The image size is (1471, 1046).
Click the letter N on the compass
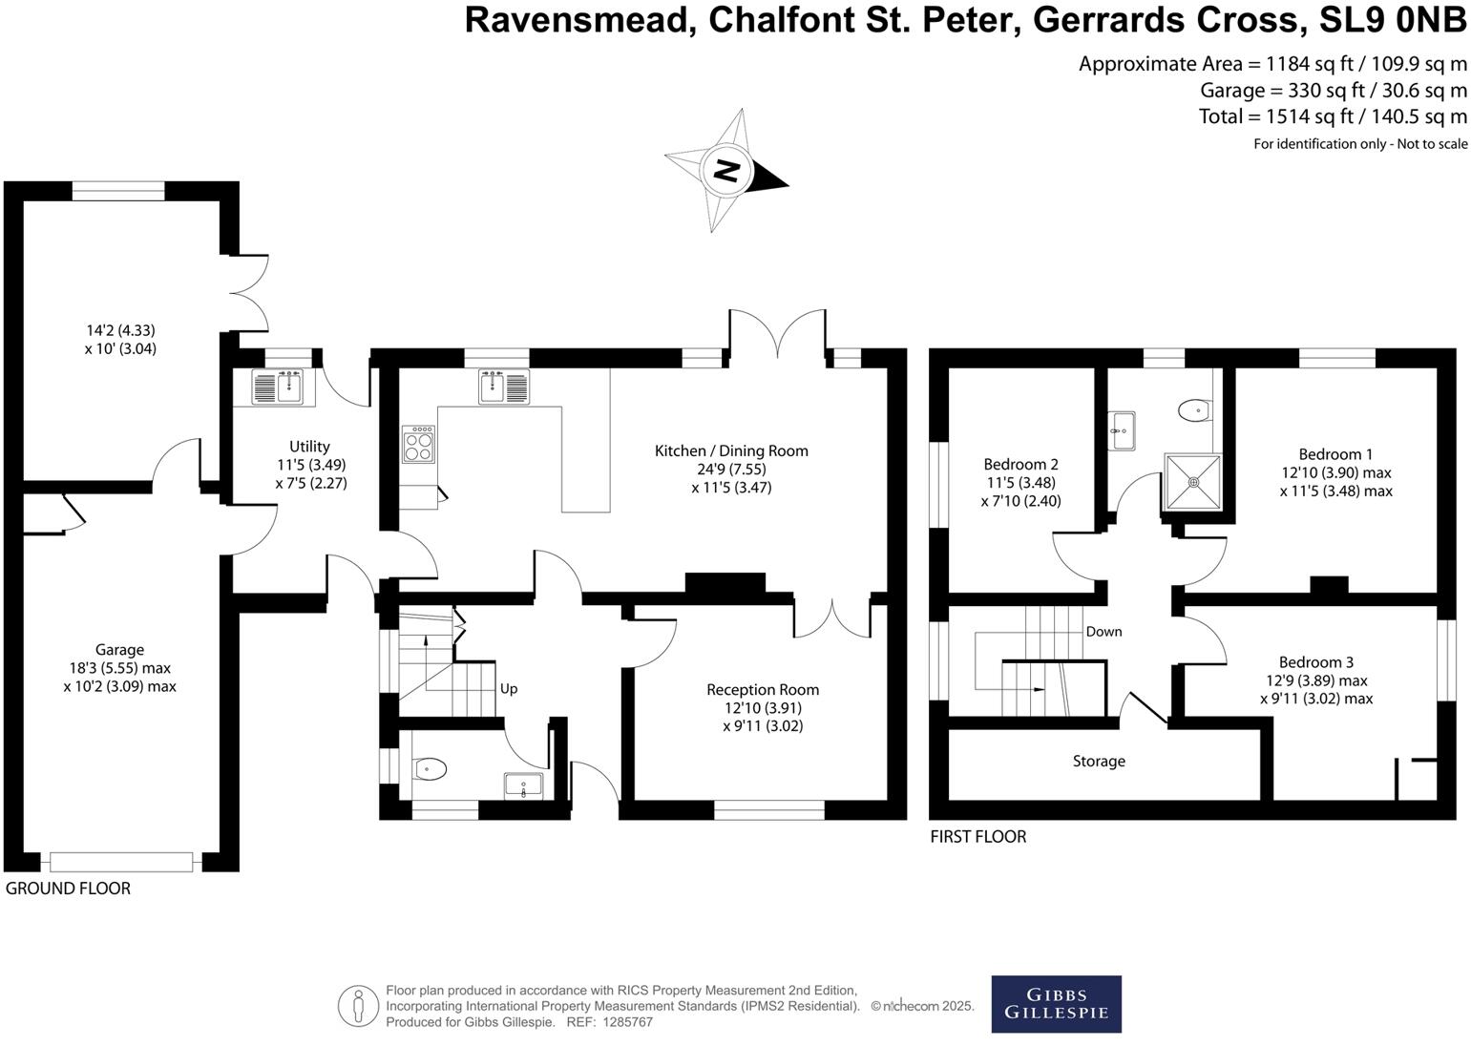(725, 170)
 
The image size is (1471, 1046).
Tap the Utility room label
(309, 447)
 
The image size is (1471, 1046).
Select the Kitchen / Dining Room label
(731, 450)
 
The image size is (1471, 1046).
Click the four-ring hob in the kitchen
(418, 445)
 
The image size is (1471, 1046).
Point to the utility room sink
(277, 387)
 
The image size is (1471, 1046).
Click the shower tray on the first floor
(1192, 482)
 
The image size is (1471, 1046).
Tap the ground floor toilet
(430, 769)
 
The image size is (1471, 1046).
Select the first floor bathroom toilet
(1194, 411)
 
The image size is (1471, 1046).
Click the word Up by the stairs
(509, 689)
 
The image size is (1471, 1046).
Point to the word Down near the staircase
(1103, 632)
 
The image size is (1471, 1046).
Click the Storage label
(1099, 761)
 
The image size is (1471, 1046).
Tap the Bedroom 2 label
(1020, 464)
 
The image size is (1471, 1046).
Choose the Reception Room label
(763, 689)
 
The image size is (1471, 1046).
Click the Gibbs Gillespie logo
(1056, 1004)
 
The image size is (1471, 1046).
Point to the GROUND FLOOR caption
(68, 889)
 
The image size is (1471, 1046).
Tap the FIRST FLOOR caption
(977, 837)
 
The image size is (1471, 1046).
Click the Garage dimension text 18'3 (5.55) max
(119, 668)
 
